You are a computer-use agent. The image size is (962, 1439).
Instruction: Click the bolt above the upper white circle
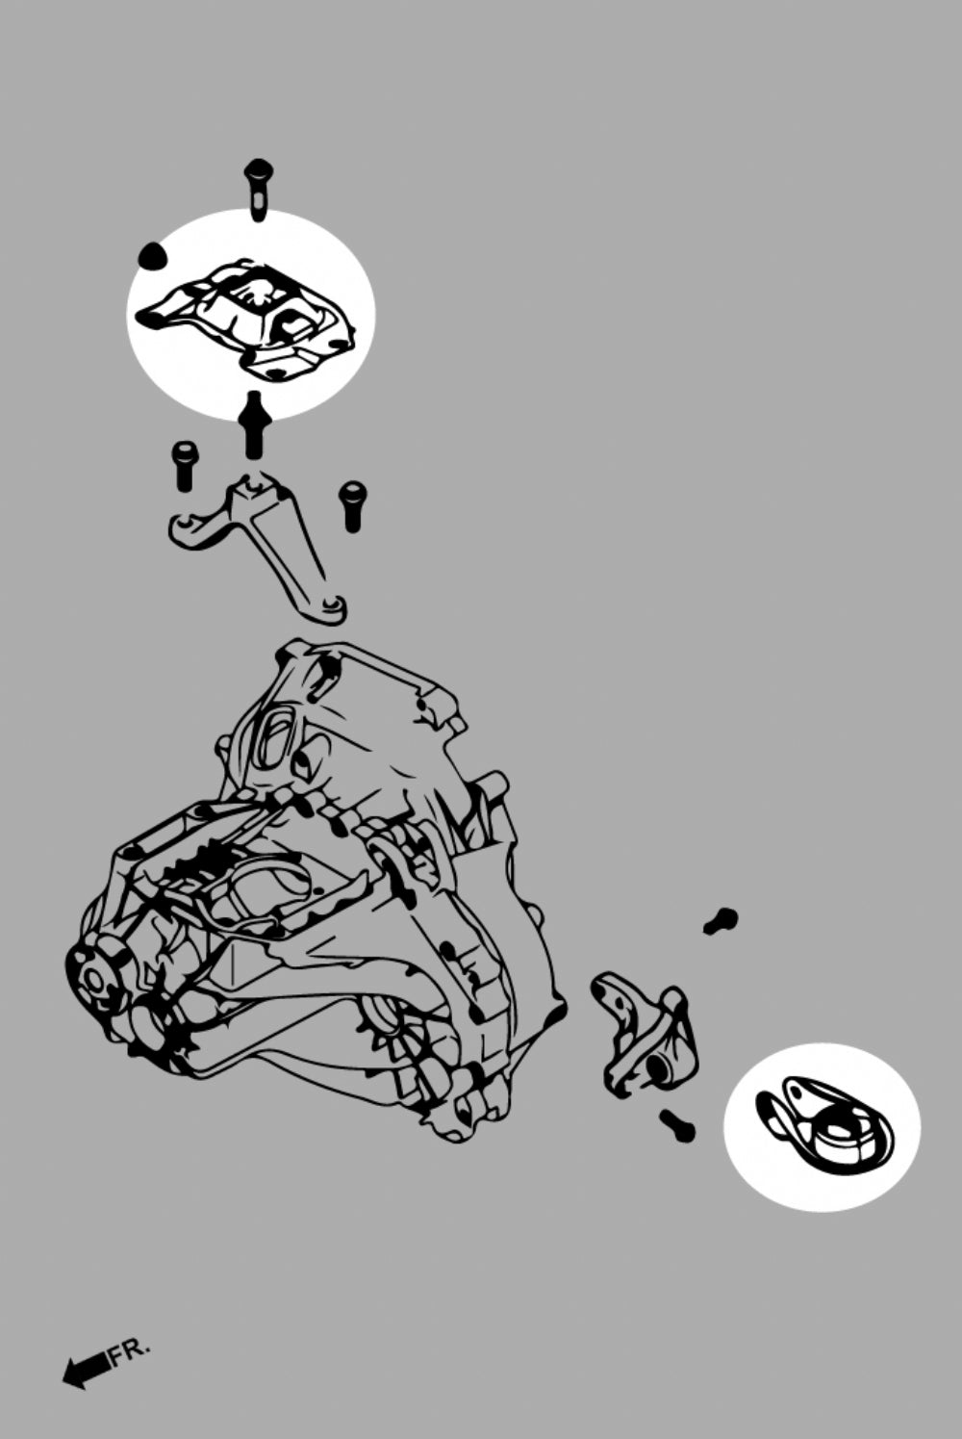point(258,187)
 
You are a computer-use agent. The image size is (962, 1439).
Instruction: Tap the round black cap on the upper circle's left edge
point(152,257)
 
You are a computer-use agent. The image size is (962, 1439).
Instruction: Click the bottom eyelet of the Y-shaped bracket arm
point(331,605)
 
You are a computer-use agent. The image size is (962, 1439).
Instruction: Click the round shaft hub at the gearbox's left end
point(94,978)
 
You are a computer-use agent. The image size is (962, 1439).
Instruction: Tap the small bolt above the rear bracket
point(720,921)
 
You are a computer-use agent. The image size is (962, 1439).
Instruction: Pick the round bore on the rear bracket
point(659,1067)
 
